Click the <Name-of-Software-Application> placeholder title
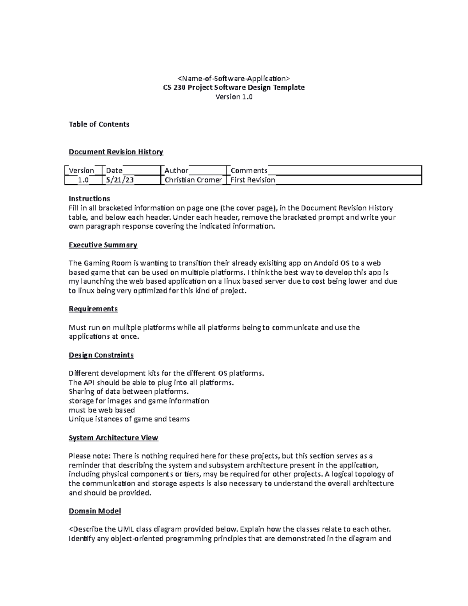[234, 78]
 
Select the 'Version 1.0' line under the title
[234, 97]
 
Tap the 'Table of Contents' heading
[99, 124]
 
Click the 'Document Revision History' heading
[116, 152]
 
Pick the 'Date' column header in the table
[114, 171]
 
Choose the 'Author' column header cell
[176, 171]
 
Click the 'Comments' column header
[249, 171]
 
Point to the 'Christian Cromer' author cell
[193, 180]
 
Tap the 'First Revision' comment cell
[253, 180]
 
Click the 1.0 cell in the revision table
[83, 180]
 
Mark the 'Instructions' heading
[89, 199]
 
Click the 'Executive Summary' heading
[103, 245]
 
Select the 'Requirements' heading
[93, 309]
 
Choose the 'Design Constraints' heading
[101, 355]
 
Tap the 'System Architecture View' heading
[113, 438]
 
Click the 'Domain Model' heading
[95, 511]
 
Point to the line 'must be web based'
[102, 410]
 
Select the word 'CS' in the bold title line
[167, 87]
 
